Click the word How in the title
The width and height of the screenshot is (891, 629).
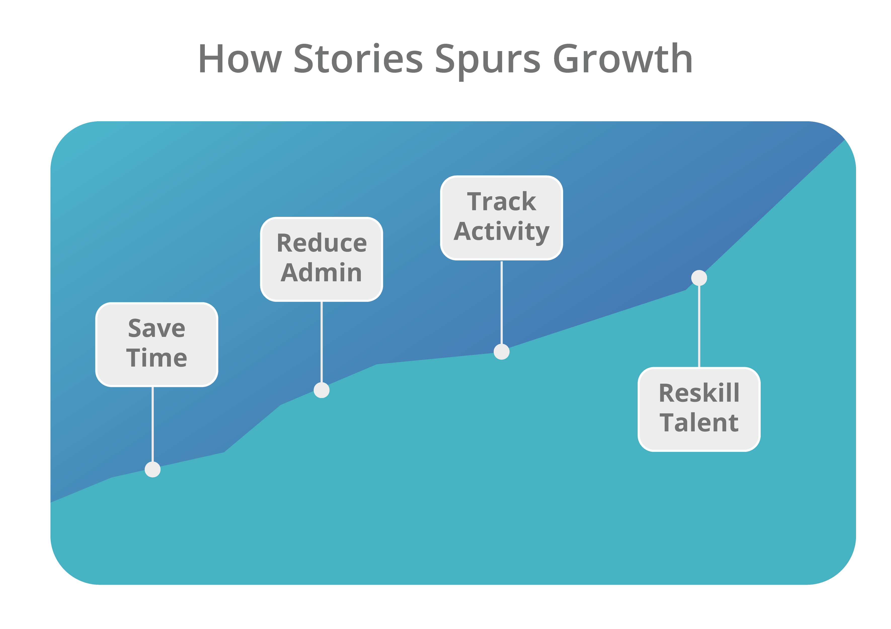coord(240,59)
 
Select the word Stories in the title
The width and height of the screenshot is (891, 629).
coord(358,59)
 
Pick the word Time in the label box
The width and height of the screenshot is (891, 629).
coord(157,358)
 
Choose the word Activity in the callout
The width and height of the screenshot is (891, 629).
coord(501,232)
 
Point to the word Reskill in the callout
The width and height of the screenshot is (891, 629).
coord(699,393)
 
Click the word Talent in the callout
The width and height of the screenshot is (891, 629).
coord(699,423)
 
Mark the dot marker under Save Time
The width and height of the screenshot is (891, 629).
coord(152,469)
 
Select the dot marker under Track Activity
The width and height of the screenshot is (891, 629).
coord(501,352)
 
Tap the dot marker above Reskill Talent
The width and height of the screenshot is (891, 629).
coord(699,278)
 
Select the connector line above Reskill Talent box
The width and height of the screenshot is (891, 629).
coord(699,326)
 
